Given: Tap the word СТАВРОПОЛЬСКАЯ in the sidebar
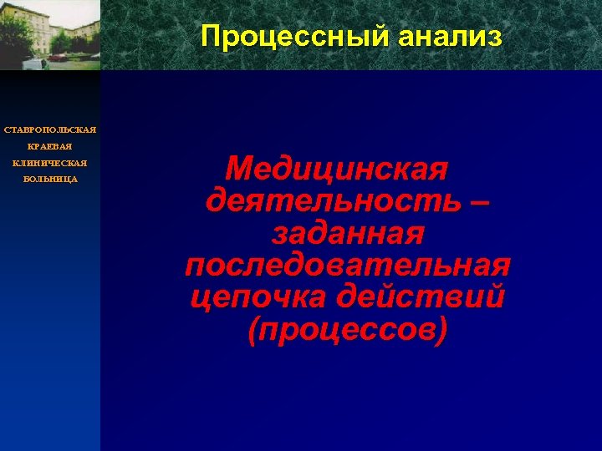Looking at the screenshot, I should point(50,130).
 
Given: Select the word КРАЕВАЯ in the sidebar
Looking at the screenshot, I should point(50,147).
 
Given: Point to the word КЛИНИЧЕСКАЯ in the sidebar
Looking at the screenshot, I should point(50,163).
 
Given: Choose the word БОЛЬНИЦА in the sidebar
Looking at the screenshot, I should point(50,180).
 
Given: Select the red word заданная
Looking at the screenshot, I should point(347,235).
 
